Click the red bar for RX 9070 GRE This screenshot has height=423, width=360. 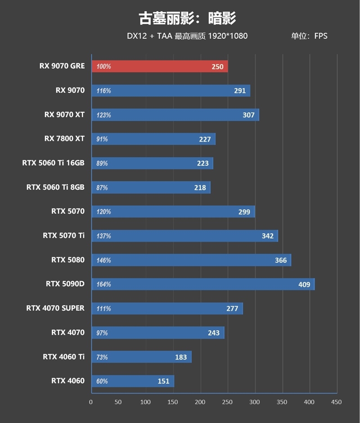(x=160, y=66)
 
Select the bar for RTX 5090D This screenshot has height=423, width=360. (x=203, y=284)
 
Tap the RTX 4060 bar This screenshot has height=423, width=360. (x=133, y=381)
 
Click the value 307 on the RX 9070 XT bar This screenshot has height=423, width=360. (x=248, y=115)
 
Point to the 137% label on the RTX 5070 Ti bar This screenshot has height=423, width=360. (x=103, y=236)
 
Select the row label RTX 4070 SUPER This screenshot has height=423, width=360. (x=55, y=308)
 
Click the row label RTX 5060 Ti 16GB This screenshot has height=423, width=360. (x=53, y=163)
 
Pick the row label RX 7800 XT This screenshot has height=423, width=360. (x=64, y=139)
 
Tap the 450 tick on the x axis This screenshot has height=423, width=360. (x=336, y=402)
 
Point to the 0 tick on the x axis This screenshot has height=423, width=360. (x=91, y=402)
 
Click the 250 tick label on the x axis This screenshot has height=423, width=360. (x=227, y=402)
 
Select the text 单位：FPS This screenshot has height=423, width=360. (x=309, y=36)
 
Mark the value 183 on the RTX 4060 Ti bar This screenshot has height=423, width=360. (x=181, y=357)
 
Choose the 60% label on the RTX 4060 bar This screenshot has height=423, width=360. (x=102, y=382)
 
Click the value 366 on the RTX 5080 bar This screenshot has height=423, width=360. (x=281, y=260)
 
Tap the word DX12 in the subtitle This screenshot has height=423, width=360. (x=136, y=36)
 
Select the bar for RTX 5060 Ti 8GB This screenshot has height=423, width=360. (x=151, y=187)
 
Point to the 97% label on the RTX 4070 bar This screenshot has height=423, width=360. (x=102, y=333)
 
